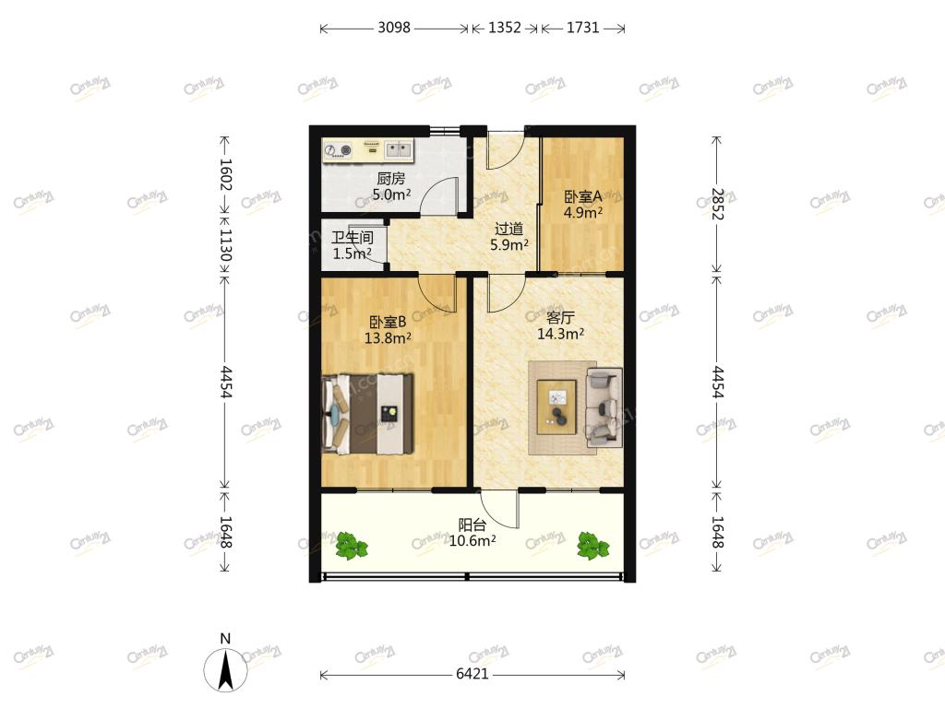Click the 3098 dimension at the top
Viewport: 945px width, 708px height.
pyautogui.click(x=393, y=28)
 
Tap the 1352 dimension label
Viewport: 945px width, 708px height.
pyautogui.click(x=505, y=28)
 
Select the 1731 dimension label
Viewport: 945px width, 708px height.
pyautogui.click(x=583, y=28)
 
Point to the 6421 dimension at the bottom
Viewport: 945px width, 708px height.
pyautogui.click(x=472, y=674)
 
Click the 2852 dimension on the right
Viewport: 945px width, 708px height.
pyautogui.click(x=717, y=204)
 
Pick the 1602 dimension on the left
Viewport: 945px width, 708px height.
pyautogui.click(x=225, y=174)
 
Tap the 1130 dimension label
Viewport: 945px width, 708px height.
pyautogui.click(x=225, y=244)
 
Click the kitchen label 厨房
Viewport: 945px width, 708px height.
pyautogui.click(x=391, y=178)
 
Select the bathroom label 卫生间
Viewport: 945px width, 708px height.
pyautogui.click(x=353, y=237)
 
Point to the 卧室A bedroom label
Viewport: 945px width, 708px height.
pyautogui.click(x=583, y=196)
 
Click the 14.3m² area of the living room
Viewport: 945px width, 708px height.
pyautogui.click(x=560, y=334)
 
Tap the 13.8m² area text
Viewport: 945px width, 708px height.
pyautogui.click(x=388, y=337)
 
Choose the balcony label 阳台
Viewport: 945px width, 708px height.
pyautogui.click(x=472, y=525)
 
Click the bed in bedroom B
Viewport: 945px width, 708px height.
pyautogui.click(x=367, y=414)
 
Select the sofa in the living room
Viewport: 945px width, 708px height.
pyautogui.click(x=604, y=407)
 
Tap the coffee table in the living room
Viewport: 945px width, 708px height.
pyautogui.click(x=556, y=407)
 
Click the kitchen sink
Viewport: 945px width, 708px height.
pyautogui.click(x=398, y=149)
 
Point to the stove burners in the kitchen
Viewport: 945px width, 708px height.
pyautogui.click(x=338, y=150)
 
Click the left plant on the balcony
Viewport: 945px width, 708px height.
pyautogui.click(x=351, y=546)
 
